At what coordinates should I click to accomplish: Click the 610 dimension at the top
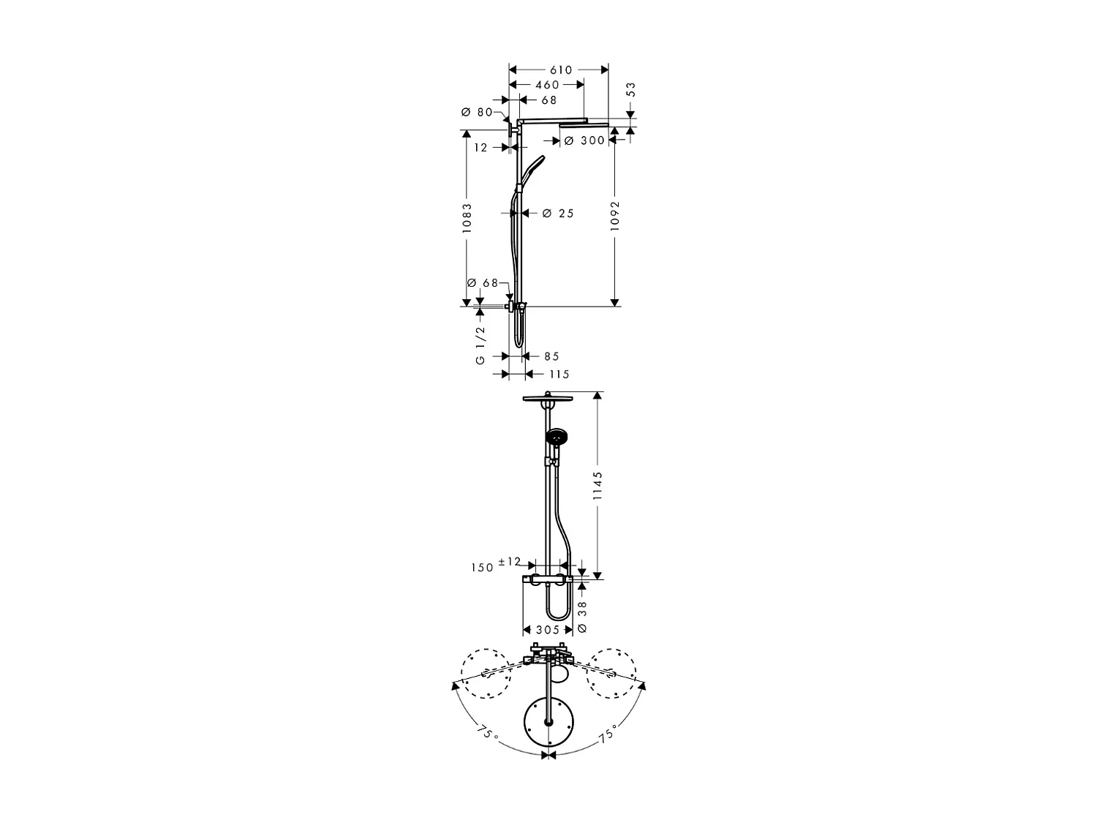tap(560, 70)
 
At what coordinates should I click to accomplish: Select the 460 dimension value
tap(547, 85)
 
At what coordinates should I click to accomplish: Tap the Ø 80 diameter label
tap(477, 113)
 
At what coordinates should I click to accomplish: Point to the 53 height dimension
tap(631, 90)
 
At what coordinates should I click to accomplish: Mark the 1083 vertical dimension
tap(467, 218)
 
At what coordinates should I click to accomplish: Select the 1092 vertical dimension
tap(614, 217)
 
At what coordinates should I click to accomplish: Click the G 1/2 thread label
tap(480, 345)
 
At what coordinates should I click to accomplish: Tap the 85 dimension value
tap(551, 356)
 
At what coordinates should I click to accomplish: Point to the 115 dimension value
tap(558, 375)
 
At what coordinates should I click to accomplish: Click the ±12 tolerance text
tap(509, 562)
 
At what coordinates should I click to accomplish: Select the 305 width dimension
tap(547, 630)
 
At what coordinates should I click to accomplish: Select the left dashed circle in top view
tap(483, 674)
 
